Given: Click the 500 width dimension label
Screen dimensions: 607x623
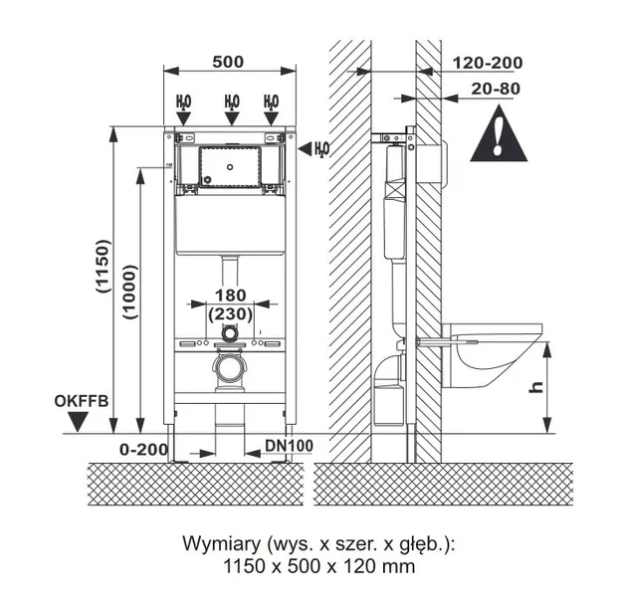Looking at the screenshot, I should click(229, 61).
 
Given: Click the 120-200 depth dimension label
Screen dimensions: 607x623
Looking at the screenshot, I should click(487, 63).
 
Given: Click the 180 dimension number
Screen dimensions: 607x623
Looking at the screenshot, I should click(230, 295).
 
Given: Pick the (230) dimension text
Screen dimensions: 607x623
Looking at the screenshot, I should click(230, 313).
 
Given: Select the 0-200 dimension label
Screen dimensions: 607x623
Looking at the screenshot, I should click(143, 449).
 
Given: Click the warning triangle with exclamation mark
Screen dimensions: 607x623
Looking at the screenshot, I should click(497, 137).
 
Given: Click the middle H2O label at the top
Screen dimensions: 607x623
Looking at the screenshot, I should click(231, 101).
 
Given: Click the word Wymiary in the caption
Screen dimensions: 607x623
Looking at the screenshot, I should click(221, 545).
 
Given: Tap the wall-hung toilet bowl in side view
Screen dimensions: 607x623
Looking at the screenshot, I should click(488, 354).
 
